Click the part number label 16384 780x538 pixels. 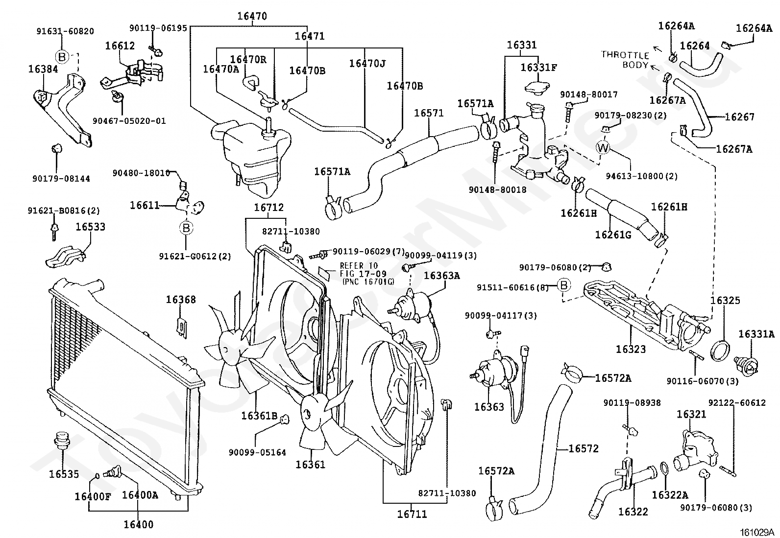[43, 69]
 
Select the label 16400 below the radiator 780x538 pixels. [138, 524]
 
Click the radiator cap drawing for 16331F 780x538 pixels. [538, 89]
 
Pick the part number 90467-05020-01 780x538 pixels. [129, 121]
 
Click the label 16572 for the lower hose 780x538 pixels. [584, 448]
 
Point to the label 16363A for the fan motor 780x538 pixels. [441, 276]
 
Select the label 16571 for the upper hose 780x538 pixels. [429, 113]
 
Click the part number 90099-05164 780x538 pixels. [257, 452]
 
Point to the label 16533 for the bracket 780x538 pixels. [90, 227]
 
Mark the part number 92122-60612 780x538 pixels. [736, 403]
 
